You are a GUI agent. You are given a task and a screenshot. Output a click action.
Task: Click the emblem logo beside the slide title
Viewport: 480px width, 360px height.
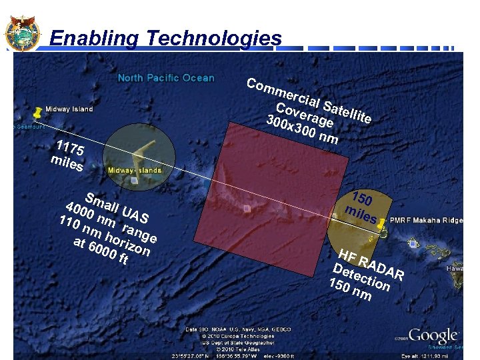[22, 31]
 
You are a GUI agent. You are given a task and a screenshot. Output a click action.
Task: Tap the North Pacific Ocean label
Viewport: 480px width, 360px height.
[166, 78]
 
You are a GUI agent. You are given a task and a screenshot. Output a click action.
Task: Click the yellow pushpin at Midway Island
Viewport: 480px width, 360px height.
[38, 111]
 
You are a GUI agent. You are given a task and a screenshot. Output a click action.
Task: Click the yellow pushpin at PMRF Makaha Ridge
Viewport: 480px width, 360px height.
[381, 227]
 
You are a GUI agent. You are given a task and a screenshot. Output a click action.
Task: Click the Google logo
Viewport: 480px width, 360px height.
[433, 335]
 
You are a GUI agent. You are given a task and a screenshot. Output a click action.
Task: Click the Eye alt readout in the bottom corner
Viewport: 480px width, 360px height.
[437, 355]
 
